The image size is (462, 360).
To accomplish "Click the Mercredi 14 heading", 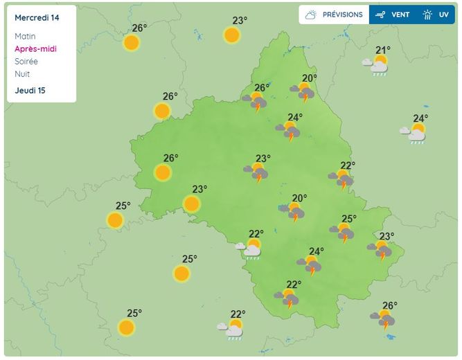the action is (x=36, y=17).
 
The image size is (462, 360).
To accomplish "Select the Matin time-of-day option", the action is (x=25, y=36).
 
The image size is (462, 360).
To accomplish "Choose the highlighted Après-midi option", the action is (x=35, y=48).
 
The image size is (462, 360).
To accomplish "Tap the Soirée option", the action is (x=26, y=61).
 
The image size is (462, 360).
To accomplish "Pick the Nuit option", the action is (x=22, y=73).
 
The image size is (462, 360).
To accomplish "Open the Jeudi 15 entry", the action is (x=30, y=90).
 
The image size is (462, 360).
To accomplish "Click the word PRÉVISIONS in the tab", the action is (x=342, y=15).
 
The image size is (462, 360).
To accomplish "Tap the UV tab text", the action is (x=443, y=15).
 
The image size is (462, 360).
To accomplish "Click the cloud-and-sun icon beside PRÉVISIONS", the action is (x=312, y=15).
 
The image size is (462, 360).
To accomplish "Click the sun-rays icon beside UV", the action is (x=427, y=15).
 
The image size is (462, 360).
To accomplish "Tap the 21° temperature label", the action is (x=383, y=50).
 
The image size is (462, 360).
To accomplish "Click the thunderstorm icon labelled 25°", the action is (x=342, y=233).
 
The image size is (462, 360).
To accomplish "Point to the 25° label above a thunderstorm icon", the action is (x=348, y=219).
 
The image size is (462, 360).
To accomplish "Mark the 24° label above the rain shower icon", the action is (x=420, y=118).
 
